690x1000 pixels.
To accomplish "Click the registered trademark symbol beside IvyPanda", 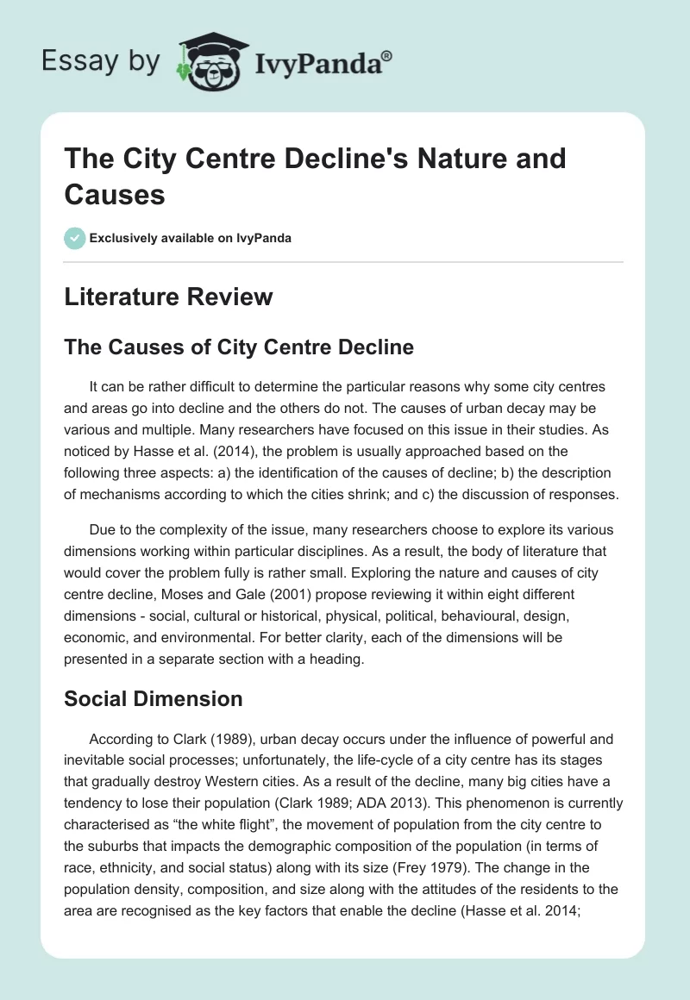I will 387,56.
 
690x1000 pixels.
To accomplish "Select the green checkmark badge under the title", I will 74,238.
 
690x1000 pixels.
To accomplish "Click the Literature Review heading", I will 168,297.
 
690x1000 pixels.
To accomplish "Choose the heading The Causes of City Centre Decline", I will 239,347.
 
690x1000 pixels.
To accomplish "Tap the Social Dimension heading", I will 153,698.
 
